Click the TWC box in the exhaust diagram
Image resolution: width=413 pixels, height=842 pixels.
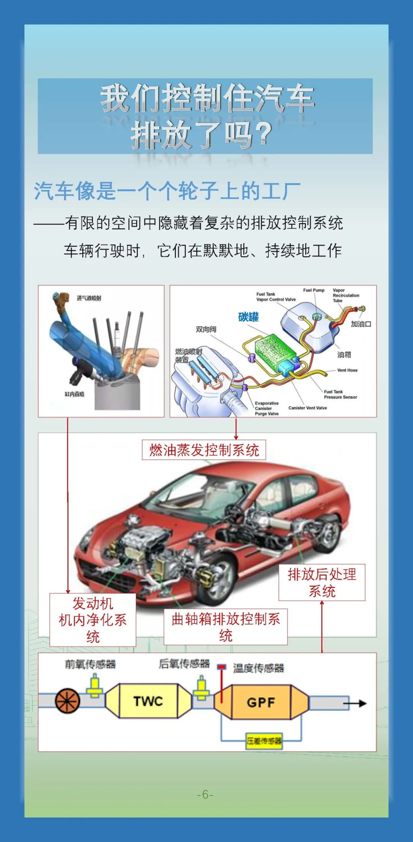point(148,701)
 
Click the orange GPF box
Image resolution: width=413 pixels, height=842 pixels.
point(261,702)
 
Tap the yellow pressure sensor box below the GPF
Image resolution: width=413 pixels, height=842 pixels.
point(264,741)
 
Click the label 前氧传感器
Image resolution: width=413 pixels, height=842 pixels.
point(90,664)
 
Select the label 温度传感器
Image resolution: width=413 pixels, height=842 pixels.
point(259,668)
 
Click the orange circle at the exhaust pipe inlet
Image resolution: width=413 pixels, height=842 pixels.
point(68,701)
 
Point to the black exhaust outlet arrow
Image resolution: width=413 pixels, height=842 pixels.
point(356,703)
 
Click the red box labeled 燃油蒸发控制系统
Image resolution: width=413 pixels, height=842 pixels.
point(204,450)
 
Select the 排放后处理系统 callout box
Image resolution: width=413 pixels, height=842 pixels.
point(322,582)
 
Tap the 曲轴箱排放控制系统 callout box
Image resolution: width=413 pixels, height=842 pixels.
point(225,627)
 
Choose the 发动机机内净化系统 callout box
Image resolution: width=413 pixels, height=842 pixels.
point(93,620)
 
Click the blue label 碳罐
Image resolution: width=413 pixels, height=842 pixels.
point(248,317)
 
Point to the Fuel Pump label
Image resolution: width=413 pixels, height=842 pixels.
point(314,290)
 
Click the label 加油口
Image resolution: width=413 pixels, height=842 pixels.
point(361,324)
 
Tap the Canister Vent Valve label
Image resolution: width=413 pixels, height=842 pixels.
point(307,408)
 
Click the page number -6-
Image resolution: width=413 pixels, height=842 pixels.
point(205,795)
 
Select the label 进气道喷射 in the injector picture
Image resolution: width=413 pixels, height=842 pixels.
point(89,298)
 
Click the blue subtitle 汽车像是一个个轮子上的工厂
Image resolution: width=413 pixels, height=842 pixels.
point(167,191)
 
